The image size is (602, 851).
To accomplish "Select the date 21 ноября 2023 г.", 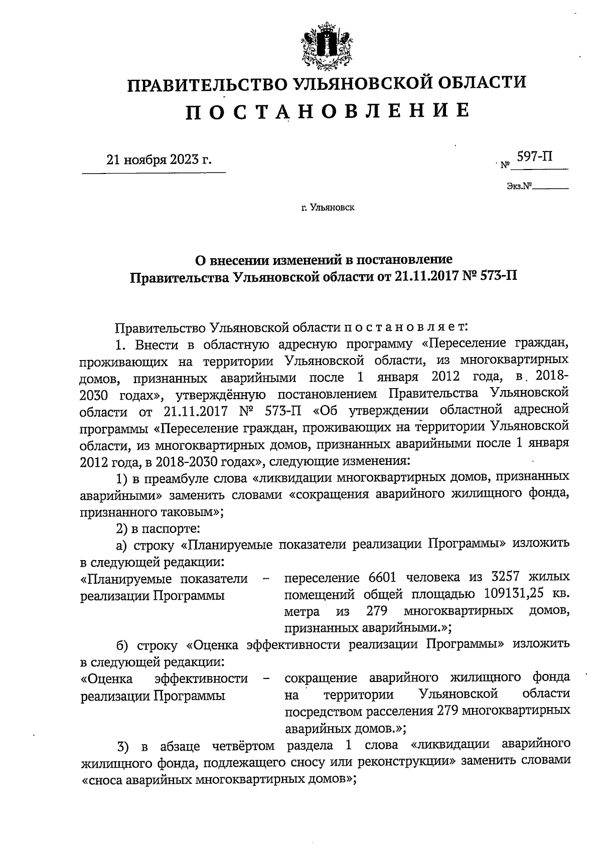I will click(159, 160).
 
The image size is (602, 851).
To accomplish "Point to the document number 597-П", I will click(535, 157).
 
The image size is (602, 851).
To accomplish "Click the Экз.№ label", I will click(519, 187).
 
